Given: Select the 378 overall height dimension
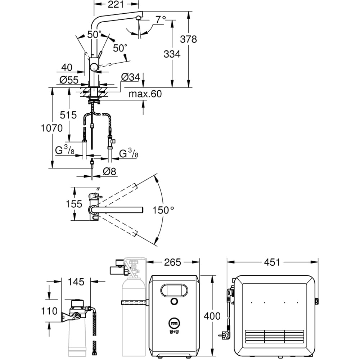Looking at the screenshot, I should coord(189,39).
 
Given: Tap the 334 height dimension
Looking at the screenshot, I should coord(172,54).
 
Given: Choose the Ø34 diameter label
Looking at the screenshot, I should coord(130,77).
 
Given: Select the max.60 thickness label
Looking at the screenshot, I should coord(145,94).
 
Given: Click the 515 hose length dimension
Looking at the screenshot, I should coord(68,115).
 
